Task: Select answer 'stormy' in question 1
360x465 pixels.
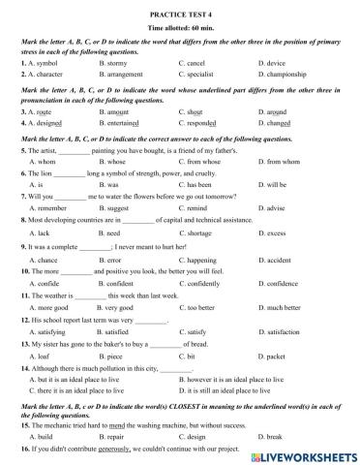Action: click(x=117, y=63)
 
